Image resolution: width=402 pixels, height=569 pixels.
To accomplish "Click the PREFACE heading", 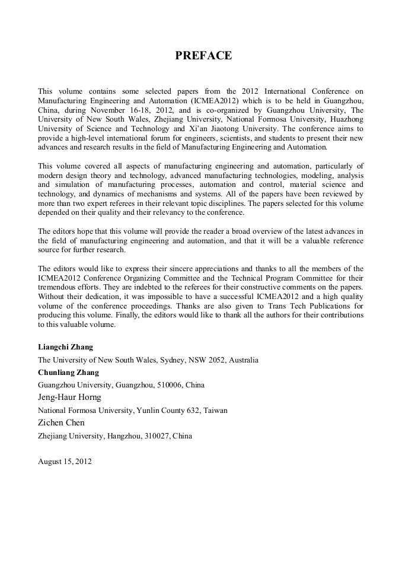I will click(203, 56).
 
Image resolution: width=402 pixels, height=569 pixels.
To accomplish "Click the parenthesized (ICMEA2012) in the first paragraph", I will click(216, 100).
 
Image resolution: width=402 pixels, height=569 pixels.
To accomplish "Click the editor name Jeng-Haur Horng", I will click(69, 398).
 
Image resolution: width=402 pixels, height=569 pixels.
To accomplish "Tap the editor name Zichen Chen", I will click(61, 422).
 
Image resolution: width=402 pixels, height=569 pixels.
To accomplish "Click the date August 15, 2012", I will click(65, 461).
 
